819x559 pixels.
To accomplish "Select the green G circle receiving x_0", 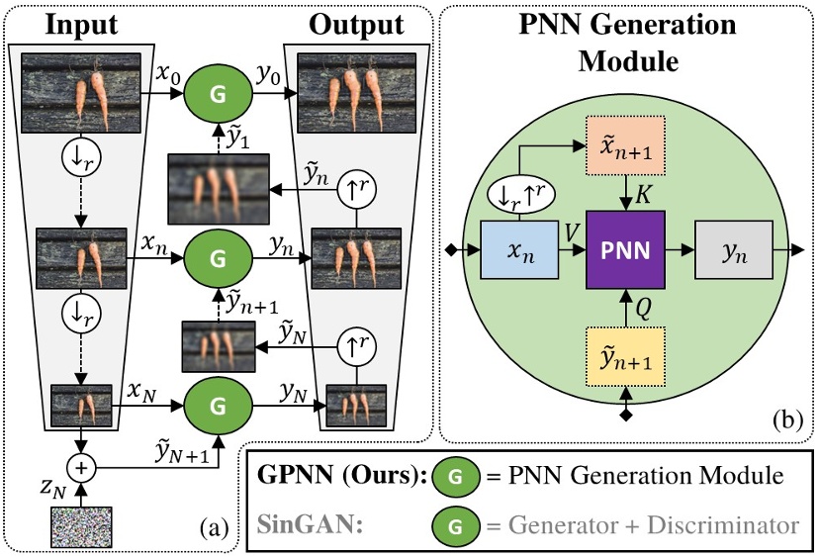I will tap(219, 95).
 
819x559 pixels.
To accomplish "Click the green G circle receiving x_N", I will tap(219, 405).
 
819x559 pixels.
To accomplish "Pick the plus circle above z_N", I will tap(81, 462).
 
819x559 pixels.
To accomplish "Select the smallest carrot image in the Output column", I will tap(355, 405).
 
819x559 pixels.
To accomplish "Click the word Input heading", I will tap(80, 24).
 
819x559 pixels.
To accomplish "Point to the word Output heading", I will tap(356, 24).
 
